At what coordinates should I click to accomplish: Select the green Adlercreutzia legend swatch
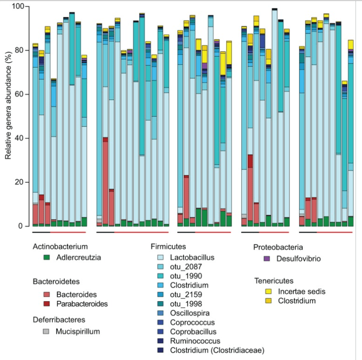pos(46,257)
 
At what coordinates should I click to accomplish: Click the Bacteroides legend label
pos(77,295)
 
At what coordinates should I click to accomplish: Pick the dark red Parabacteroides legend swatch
pos(46,304)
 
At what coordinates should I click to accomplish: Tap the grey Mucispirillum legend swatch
pos(46,332)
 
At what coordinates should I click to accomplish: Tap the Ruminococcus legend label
pos(191,341)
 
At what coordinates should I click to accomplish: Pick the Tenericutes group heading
pos(274,281)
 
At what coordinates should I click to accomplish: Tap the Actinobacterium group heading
pos(60,246)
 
